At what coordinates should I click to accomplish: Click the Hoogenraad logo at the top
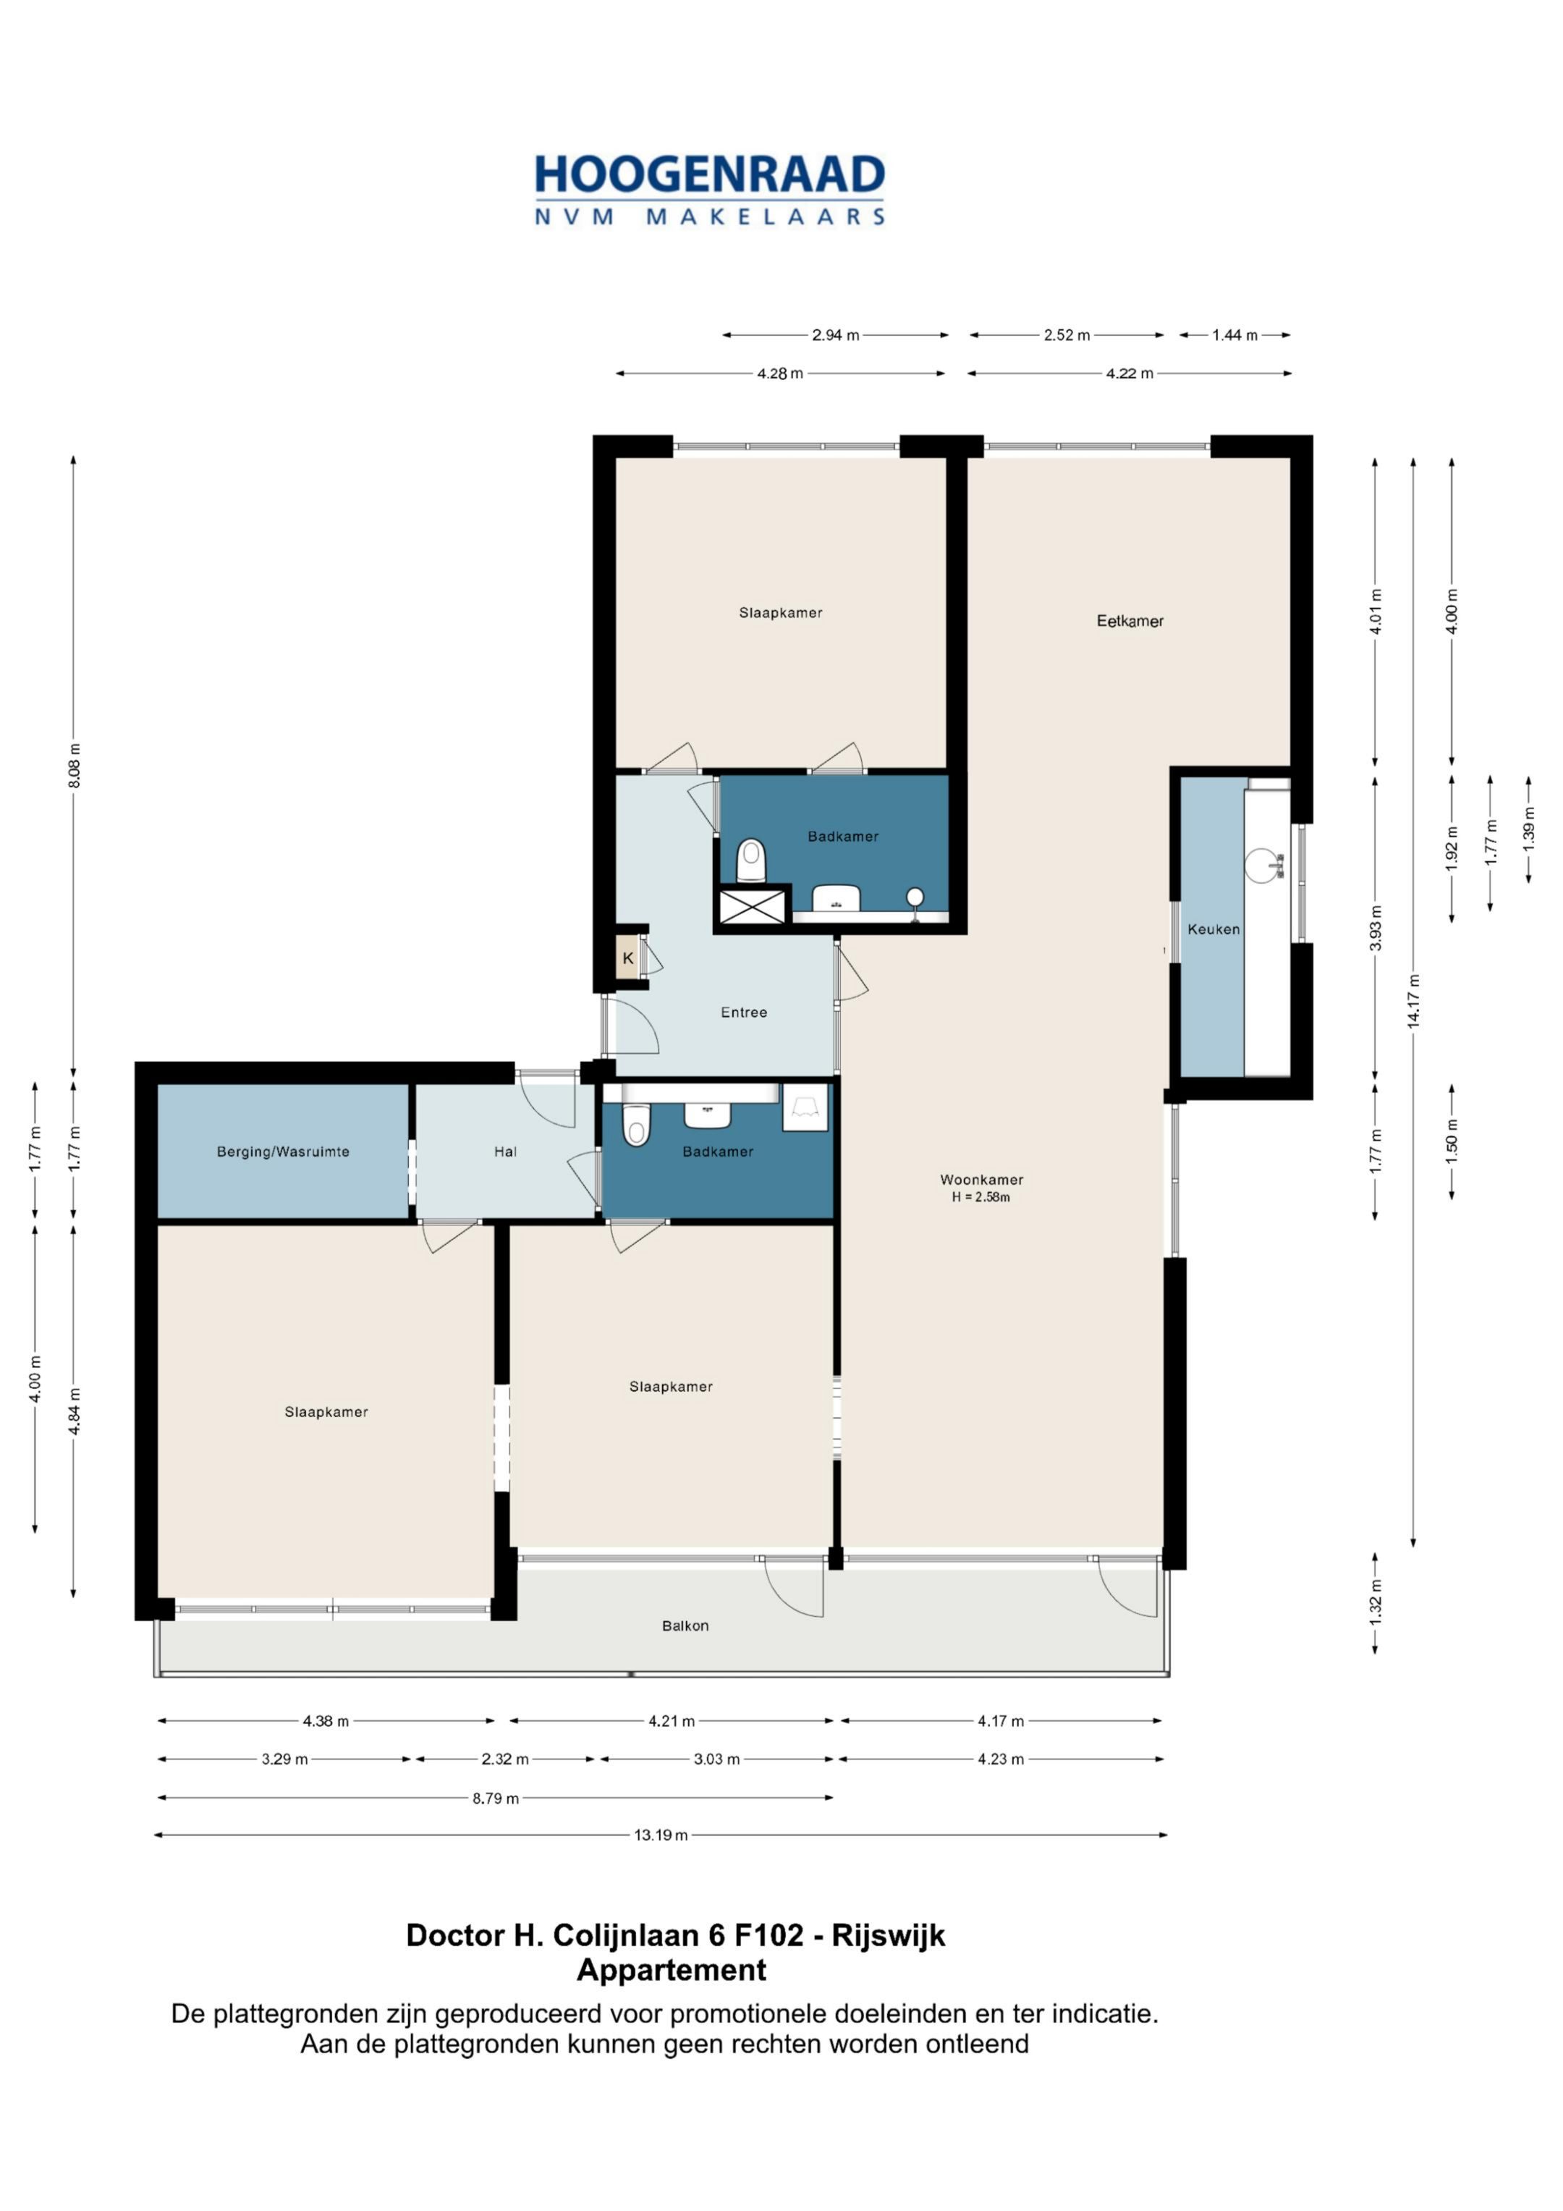[x=710, y=190]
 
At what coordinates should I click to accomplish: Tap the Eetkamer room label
[x=1130, y=621]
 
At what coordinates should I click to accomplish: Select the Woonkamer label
[x=981, y=1180]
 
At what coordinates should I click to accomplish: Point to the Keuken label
[x=1213, y=929]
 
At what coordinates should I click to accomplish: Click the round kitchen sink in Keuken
[x=1263, y=865]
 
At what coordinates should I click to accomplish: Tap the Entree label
[x=743, y=1012]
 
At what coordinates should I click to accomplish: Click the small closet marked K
[x=628, y=958]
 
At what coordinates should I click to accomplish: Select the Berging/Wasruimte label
[x=282, y=1151]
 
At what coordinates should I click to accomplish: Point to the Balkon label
[x=685, y=1626]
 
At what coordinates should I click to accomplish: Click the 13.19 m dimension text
[x=661, y=1835]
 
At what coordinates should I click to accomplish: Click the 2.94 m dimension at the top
[x=835, y=335]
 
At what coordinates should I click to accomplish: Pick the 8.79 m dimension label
[x=495, y=1798]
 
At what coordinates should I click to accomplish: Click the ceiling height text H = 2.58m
[x=981, y=1198]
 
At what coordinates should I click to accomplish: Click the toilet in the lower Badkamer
[x=635, y=1124]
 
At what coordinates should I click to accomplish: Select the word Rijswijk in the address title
[x=888, y=1935]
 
